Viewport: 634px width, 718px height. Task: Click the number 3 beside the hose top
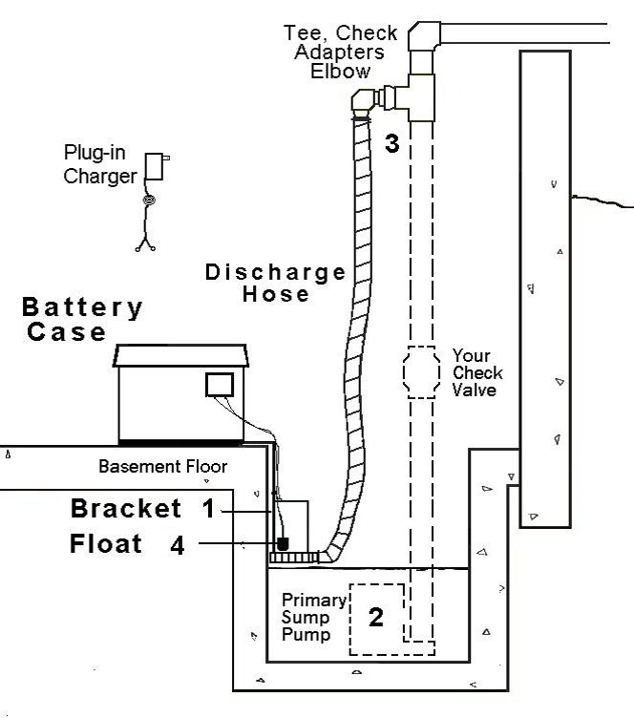tap(392, 144)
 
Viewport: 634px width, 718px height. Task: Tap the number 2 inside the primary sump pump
tap(376, 617)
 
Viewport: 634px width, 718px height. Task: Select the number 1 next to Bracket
tap(208, 509)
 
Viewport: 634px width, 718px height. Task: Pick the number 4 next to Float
tap(178, 545)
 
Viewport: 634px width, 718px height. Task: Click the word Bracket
tap(126, 509)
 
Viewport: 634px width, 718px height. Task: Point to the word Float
tap(106, 545)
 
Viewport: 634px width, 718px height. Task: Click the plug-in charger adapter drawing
tap(156, 166)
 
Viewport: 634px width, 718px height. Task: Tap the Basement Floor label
tap(164, 467)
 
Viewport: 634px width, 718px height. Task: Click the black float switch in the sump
tap(282, 543)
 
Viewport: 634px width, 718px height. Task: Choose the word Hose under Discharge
tap(276, 294)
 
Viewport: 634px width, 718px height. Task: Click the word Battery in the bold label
tap(83, 308)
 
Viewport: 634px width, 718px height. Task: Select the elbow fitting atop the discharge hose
tap(364, 100)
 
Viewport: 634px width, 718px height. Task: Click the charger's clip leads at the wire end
tap(146, 245)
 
